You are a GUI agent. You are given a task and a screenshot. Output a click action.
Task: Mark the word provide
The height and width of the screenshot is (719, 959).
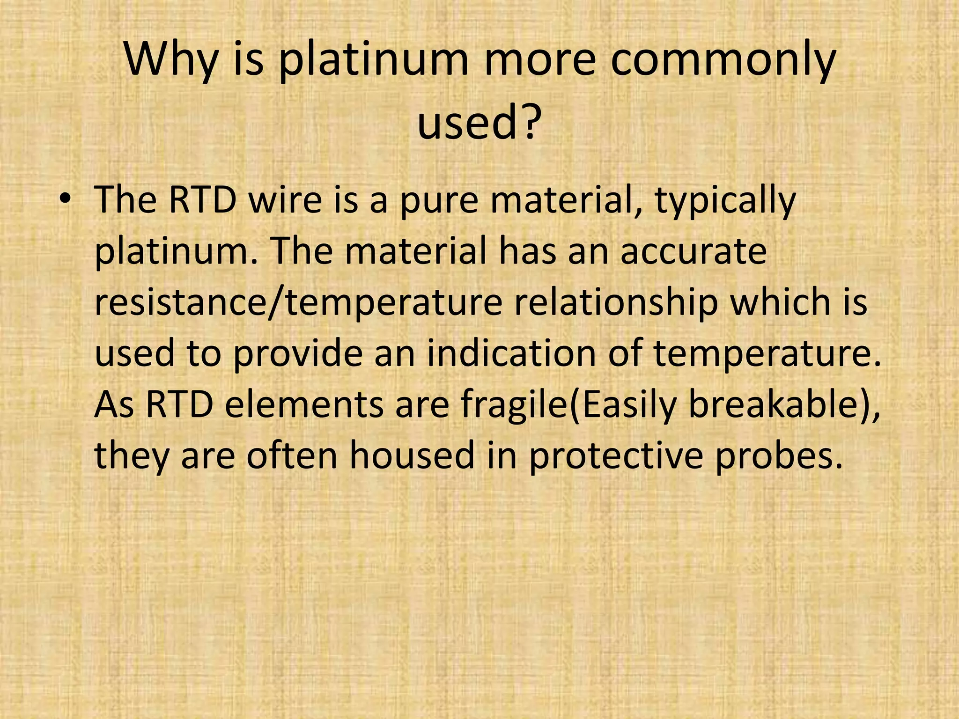point(297,354)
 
